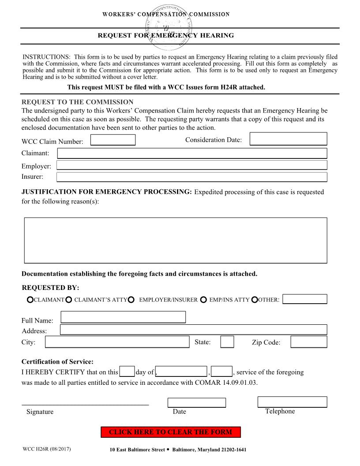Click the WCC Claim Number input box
click(x=113, y=140)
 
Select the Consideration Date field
click(x=288, y=139)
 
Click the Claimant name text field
click(x=192, y=153)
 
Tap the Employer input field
click(x=192, y=165)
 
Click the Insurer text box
click(x=192, y=177)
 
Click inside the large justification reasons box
click(x=176, y=240)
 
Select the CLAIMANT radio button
click(x=30, y=300)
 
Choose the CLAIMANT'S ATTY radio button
click(x=69, y=300)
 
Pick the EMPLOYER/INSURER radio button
click(x=131, y=300)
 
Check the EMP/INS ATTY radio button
click(x=203, y=300)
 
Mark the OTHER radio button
click(x=255, y=300)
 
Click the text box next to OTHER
click(x=304, y=299)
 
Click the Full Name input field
click(x=123, y=317)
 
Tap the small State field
click(x=227, y=342)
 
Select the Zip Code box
click(x=309, y=342)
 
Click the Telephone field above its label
click(x=292, y=402)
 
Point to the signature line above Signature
click(x=85, y=403)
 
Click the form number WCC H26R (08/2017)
click(x=47, y=449)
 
